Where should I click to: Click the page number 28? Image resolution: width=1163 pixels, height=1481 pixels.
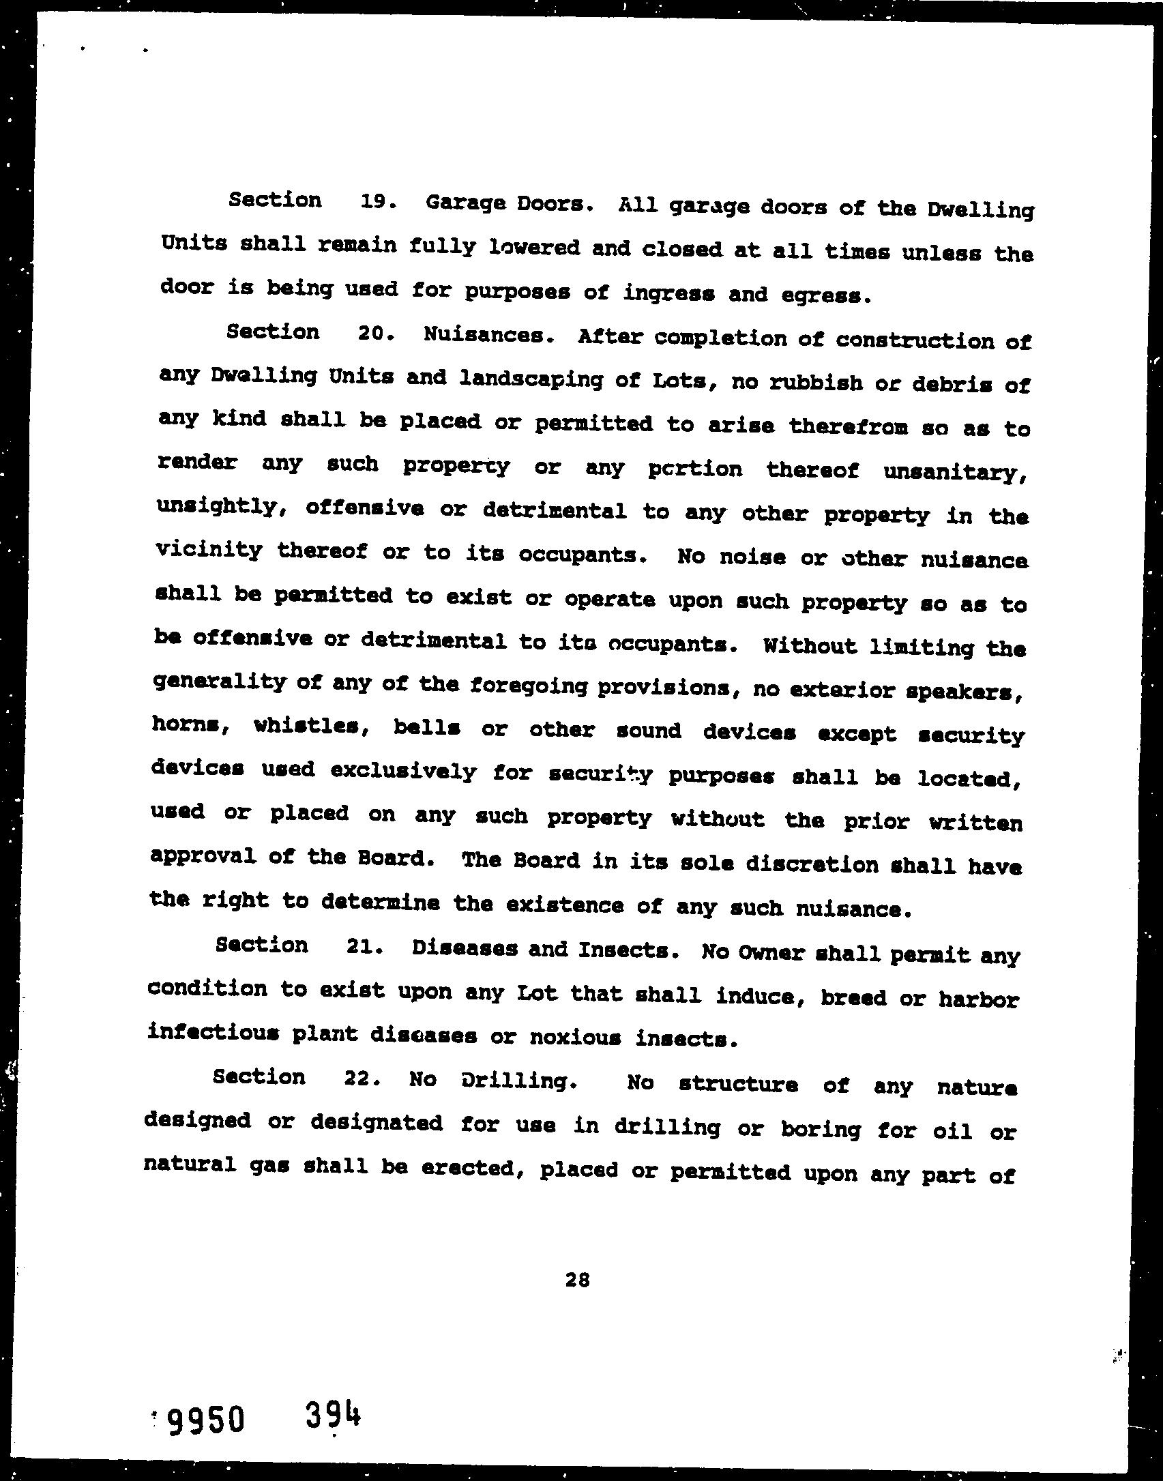tap(576, 1280)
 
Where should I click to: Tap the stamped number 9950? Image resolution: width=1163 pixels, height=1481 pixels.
tap(205, 1420)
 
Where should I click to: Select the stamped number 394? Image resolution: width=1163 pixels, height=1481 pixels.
tap(332, 1415)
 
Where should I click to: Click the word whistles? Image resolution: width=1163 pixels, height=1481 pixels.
tap(312, 727)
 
